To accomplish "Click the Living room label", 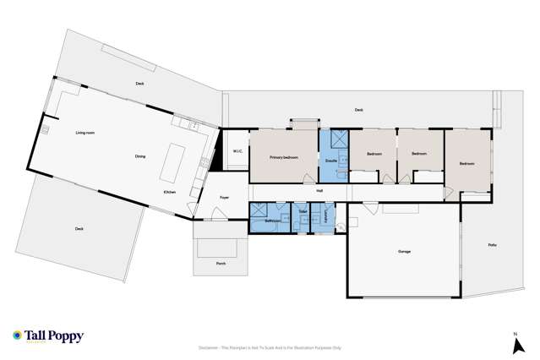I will point(85,134).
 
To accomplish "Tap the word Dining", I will point(140,156).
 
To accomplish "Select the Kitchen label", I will point(170,193).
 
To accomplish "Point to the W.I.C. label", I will point(237,152).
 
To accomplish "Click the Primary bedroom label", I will point(285,158).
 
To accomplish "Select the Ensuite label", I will point(331,160).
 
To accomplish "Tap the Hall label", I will point(319,191).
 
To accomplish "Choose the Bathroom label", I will point(272,221).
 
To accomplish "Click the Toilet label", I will point(302,211).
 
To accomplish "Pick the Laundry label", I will point(325,217).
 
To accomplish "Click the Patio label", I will point(492,245).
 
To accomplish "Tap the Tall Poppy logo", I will point(48,336).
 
